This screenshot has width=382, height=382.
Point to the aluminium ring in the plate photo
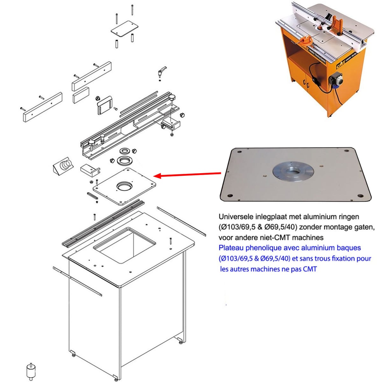coord(293,172)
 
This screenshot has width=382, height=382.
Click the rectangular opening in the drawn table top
coord(125,245)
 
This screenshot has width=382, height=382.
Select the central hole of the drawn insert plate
coord(124,186)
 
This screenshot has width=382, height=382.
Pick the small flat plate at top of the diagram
coord(124,29)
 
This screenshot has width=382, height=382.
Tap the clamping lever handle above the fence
coord(162,71)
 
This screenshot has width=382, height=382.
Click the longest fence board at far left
coord(43,107)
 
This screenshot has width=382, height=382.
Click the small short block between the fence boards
coord(81,95)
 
